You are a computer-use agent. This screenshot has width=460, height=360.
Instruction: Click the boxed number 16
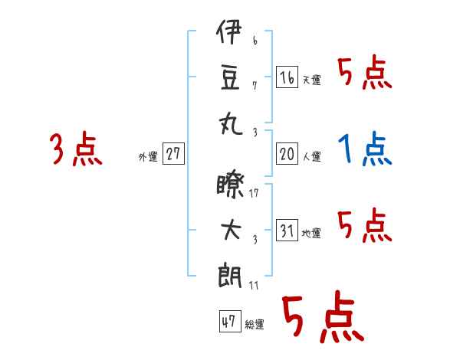(287, 77)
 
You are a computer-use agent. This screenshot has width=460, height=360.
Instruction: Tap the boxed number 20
(287, 153)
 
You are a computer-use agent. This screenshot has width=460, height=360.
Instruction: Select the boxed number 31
(287, 230)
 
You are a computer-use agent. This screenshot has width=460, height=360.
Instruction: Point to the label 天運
(311, 80)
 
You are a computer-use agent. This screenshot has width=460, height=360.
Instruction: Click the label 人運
(311, 156)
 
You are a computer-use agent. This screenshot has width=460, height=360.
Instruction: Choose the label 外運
(148, 156)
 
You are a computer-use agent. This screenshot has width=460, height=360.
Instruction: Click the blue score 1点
(365, 149)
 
